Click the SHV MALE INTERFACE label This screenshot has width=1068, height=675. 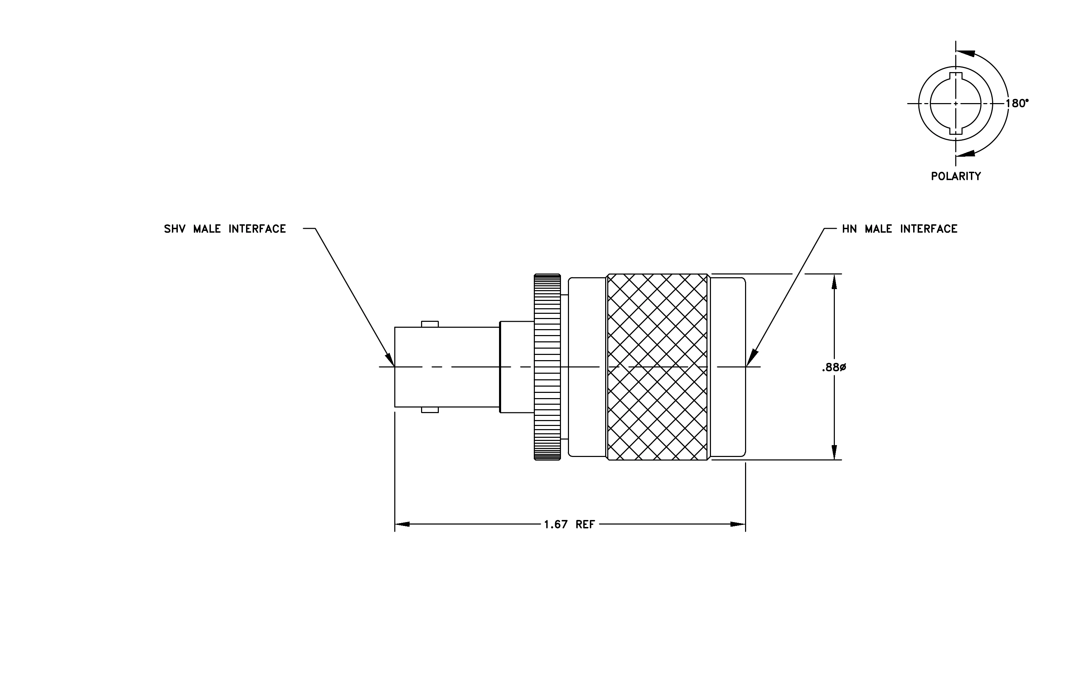pyautogui.click(x=225, y=229)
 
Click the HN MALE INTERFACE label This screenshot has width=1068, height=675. pyautogui.click(x=900, y=229)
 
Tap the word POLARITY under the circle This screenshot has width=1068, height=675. pyautogui.click(x=956, y=177)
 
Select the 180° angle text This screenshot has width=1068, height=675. pyautogui.click(x=1017, y=103)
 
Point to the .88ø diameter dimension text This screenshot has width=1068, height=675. pyautogui.click(x=834, y=367)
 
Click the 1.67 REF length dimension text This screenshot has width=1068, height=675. pyautogui.click(x=569, y=525)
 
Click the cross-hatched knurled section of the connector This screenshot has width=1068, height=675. pyautogui.click(x=657, y=367)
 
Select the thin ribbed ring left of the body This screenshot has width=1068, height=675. pyautogui.click(x=547, y=367)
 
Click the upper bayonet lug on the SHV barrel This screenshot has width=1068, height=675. pyautogui.click(x=430, y=324)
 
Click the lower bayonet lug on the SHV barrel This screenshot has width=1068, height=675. pyautogui.click(x=430, y=410)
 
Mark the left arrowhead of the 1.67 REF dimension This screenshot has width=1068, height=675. pyautogui.click(x=402, y=525)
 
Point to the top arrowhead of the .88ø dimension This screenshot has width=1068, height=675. pyautogui.click(x=834, y=281)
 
